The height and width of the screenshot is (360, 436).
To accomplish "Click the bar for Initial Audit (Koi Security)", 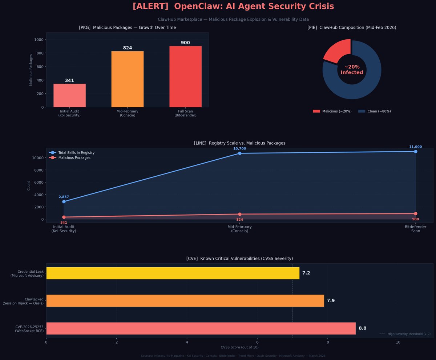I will [69, 95].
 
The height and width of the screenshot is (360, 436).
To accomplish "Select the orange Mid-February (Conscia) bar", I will [127, 79].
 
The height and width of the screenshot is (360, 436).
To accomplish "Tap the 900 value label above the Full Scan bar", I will [185, 43].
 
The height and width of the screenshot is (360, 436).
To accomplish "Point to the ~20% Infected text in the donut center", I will [352, 70].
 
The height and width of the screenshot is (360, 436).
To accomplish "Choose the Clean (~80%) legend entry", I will [374, 111].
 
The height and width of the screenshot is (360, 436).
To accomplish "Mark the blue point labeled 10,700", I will [240, 153].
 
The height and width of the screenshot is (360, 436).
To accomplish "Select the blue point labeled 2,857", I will [64, 201].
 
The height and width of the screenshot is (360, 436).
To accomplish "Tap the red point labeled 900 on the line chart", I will [415, 214].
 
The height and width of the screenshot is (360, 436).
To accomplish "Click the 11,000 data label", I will [415, 147].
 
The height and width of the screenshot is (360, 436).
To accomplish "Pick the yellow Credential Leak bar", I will [173, 273].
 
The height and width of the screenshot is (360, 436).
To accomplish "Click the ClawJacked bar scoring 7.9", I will [185, 301].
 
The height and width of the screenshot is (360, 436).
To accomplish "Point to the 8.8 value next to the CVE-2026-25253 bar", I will [362, 328].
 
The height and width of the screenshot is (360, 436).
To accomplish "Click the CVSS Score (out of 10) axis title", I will [239, 347].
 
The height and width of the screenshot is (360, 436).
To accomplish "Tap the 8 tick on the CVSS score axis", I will [328, 342].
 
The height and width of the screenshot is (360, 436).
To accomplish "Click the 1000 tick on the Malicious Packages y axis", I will [39, 40].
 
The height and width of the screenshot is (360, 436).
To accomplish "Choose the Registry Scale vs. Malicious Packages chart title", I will [239, 143].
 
